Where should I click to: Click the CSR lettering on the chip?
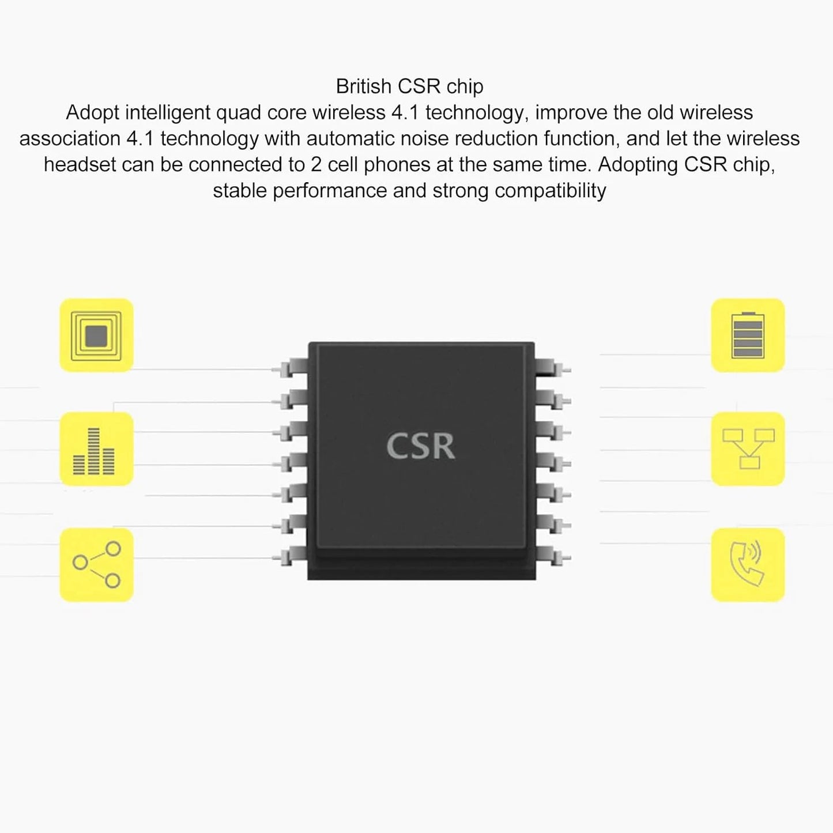pos(420,446)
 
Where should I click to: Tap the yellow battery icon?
pos(748,335)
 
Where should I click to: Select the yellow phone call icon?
pos(748,564)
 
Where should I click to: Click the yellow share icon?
pos(96,564)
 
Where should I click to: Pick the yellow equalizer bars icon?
pos(96,448)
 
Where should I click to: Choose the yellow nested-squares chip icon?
pos(96,335)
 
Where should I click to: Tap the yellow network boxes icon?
pos(748,448)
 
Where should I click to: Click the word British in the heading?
pos(364,86)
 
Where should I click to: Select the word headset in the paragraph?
pos(80,165)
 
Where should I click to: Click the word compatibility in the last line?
pos(551,191)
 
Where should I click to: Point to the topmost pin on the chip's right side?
pos(553,368)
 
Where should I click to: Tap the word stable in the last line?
pos(240,191)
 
